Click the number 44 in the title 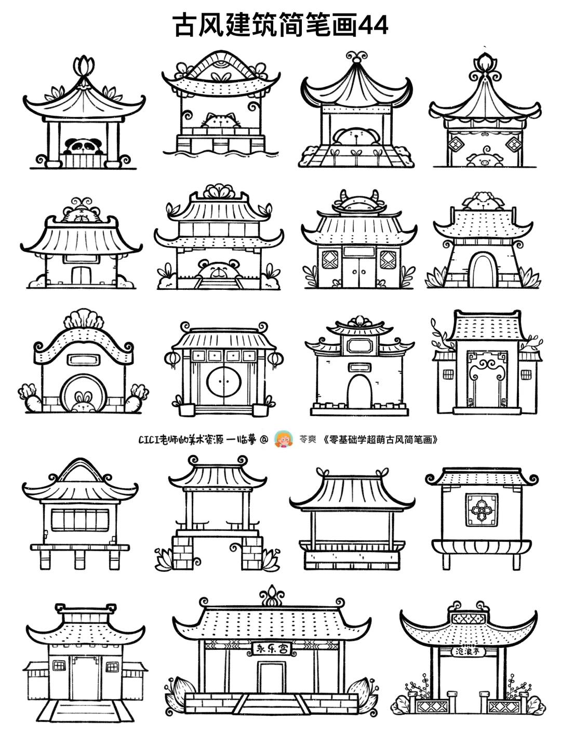coord(373,25)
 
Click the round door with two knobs coord(224,382)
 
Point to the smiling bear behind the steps coord(218,270)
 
